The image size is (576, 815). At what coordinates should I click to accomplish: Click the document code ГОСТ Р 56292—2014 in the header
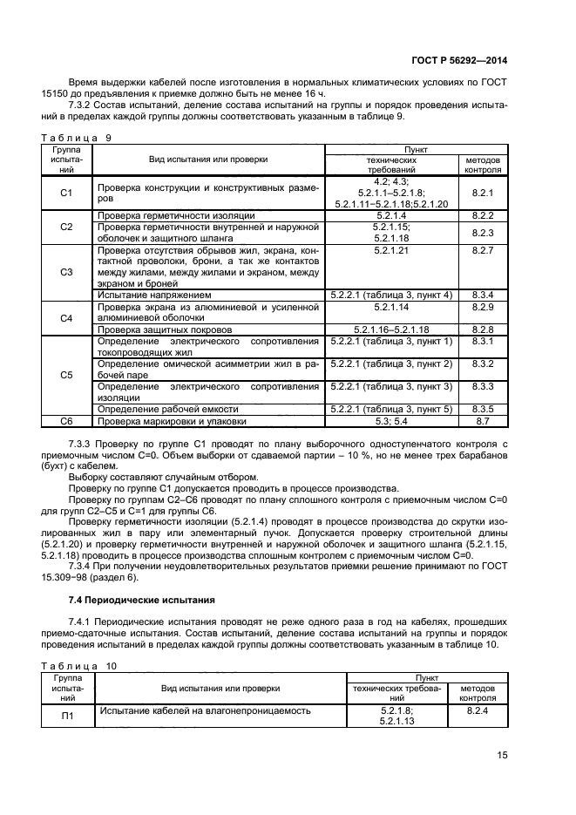coord(458,61)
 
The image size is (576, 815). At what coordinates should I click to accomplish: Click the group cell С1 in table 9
coord(66,193)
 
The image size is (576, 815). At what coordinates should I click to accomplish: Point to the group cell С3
coord(66,271)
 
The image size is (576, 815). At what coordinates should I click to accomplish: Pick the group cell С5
coord(66,375)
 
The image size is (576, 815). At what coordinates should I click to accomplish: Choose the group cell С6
coord(66,421)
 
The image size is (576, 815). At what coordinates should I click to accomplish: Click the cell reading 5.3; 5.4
coord(391,421)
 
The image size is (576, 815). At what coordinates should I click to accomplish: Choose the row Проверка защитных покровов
coord(165,329)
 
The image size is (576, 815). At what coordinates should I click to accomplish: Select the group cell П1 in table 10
coord(66,717)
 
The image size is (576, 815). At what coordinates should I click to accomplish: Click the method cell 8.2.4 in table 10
coord(477,711)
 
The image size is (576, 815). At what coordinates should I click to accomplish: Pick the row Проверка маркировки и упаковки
coord(172,421)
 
